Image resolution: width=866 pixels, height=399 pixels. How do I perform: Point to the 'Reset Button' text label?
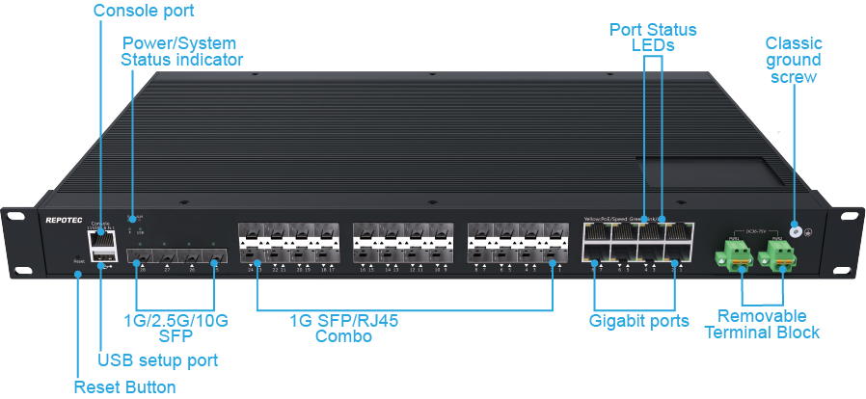pyautogui.click(x=124, y=387)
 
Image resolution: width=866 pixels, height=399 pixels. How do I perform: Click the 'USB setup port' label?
pyautogui.click(x=157, y=360)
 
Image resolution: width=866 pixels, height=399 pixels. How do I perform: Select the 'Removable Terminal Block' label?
pyautogui.click(x=761, y=324)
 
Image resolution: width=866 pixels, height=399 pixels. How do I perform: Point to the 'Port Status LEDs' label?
pyautogui.click(x=654, y=37)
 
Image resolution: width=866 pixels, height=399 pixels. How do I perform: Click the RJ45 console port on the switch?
pyautogui.click(x=99, y=239)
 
